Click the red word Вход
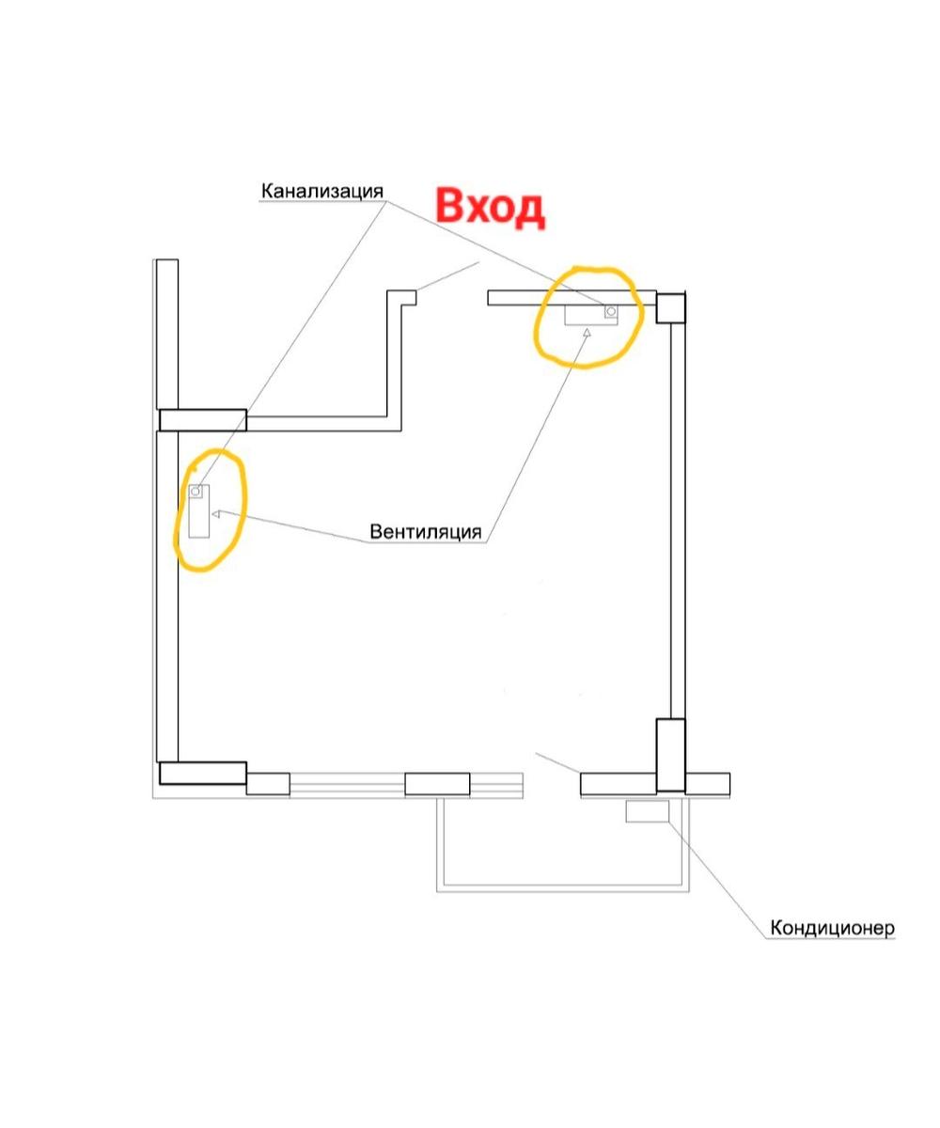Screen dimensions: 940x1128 pyautogui.click(x=490, y=208)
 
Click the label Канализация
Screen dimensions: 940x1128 pyautogui.click(x=322, y=191)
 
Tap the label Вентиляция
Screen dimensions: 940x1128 pyautogui.click(x=425, y=532)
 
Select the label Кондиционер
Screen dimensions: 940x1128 pyautogui.click(x=833, y=928)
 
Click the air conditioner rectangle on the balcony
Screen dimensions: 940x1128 pyautogui.click(x=648, y=811)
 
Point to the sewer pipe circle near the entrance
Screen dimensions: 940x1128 pyautogui.click(x=611, y=311)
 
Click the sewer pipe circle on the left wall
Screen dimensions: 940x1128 pyautogui.click(x=196, y=491)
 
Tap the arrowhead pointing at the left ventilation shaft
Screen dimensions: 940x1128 pyautogui.click(x=216, y=514)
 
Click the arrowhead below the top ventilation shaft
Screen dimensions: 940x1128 pyautogui.click(x=587, y=332)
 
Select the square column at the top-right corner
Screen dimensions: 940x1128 pyautogui.click(x=671, y=307)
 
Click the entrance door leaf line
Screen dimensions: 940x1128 pyautogui.click(x=447, y=276)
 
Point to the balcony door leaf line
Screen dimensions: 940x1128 pyautogui.click(x=557, y=762)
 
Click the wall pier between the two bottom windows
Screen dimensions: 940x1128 pyautogui.click(x=437, y=784)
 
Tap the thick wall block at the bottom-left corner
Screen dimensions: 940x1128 pyautogui.click(x=203, y=773)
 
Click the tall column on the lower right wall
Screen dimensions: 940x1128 pyautogui.click(x=670, y=755)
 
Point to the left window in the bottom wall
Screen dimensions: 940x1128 pyautogui.click(x=348, y=784)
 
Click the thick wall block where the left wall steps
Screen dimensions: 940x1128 pyautogui.click(x=203, y=420)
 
